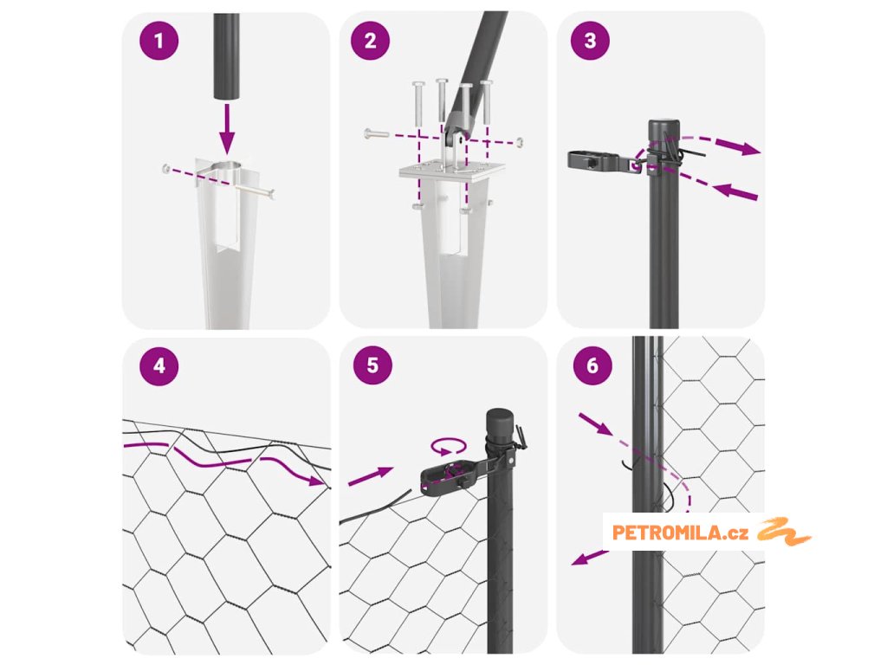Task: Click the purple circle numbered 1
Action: [159, 41]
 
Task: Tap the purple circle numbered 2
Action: [370, 41]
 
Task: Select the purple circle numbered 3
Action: [590, 40]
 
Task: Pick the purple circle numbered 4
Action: [159, 366]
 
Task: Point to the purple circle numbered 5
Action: [372, 365]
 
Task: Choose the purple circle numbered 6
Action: [592, 365]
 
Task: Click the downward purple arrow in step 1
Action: [227, 128]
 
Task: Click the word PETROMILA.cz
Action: [681, 533]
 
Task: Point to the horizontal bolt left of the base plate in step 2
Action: [377, 134]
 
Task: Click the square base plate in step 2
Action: [452, 171]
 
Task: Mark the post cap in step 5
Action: [500, 422]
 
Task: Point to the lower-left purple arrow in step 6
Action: [588, 557]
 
